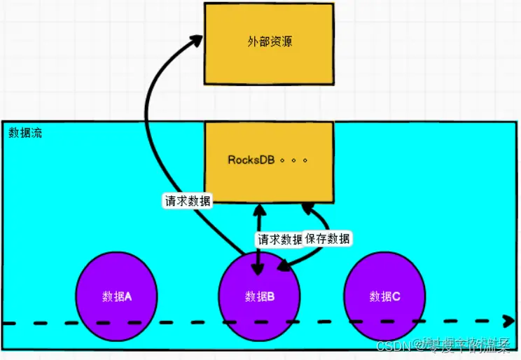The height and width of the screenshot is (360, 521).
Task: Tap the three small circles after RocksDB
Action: tap(293, 160)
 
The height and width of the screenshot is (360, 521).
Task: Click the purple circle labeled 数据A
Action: tap(118, 296)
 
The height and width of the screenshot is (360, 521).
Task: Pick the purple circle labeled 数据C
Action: tap(385, 296)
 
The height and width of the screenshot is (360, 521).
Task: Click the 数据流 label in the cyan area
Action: tap(25, 133)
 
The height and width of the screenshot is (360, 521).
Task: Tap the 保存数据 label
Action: tap(328, 239)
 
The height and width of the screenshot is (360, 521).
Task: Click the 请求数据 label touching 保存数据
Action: tap(279, 239)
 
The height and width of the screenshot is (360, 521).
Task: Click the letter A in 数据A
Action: tap(128, 296)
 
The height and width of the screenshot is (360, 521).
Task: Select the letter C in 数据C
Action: tap(396, 296)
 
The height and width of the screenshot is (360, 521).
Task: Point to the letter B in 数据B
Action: tap(270, 296)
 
